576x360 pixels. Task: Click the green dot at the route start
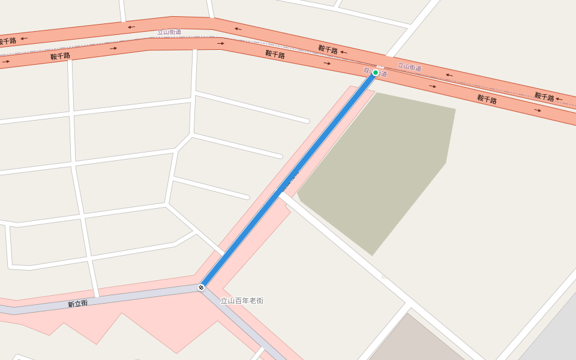tap(376, 73)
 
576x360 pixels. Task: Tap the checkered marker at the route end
tap(201, 287)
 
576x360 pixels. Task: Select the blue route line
tap(288, 180)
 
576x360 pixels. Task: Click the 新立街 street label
tap(77, 304)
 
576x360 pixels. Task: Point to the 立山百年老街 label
tap(242, 301)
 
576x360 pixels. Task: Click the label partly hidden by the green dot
tap(374, 73)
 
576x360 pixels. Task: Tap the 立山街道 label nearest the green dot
tap(409, 67)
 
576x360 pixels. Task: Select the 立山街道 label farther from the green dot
tap(169, 32)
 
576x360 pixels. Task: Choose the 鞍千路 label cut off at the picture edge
tap(7, 41)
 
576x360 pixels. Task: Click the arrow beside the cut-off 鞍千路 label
tap(24, 38)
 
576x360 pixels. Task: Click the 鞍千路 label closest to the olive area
tap(487, 99)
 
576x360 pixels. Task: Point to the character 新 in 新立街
tap(71, 305)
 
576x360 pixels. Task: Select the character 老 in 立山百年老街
tap(252, 301)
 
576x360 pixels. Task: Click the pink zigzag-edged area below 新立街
tap(120, 327)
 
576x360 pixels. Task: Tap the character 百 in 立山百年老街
tap(238, 301)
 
